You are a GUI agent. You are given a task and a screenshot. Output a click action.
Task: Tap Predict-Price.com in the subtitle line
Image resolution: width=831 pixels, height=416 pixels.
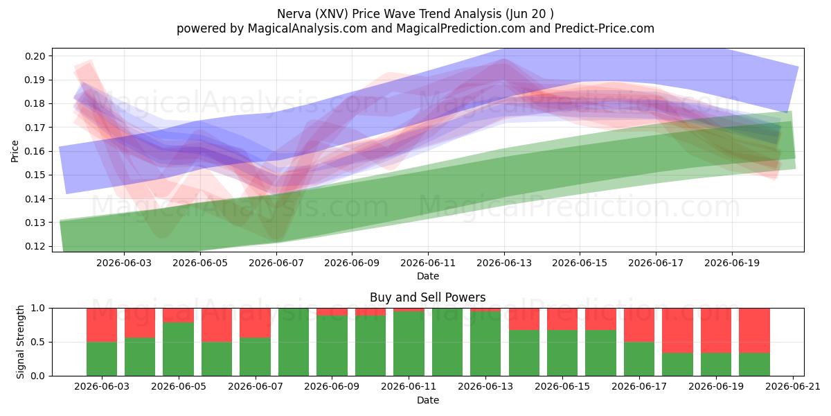tap(605, 28)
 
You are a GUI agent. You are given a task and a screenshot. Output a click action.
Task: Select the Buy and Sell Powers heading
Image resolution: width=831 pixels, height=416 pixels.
tap(428, 297)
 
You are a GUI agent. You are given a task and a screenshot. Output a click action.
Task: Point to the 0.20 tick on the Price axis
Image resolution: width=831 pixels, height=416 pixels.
tap(35, 56)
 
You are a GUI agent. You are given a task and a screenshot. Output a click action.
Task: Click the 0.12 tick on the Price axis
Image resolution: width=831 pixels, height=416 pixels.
tap(35, 246)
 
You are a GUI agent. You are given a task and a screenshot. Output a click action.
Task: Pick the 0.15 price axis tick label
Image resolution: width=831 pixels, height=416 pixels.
tap(35, 175)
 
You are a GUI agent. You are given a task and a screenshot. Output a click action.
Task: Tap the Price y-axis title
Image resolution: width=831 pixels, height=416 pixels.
tap(15, 151)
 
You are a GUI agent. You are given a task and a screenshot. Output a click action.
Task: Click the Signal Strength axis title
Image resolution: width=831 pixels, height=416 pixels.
tap(20, 342)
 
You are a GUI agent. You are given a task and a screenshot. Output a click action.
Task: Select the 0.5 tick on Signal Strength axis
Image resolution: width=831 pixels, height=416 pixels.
tap(38, 342)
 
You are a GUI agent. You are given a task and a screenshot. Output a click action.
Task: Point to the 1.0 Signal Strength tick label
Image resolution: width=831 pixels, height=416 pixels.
tap(38, 308)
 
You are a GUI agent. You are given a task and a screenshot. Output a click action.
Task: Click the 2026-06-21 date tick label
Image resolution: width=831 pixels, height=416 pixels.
tap(793, 386)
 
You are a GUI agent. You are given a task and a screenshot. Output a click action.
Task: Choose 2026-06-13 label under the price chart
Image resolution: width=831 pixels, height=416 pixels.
tap(504, 263)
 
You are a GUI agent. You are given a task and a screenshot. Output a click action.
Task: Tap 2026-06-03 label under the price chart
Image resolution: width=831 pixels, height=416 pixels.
tap(124, 263)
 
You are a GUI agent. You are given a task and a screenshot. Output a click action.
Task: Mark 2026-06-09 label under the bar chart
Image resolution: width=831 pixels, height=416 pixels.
tap(332, 386)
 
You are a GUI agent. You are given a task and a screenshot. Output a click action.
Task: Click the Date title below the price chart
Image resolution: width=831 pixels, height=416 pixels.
tap(428, 276)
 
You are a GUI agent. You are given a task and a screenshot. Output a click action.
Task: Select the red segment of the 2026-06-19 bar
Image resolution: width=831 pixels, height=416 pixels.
tap(716, 331)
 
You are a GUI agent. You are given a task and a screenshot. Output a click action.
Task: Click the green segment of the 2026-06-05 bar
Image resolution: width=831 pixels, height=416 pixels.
tap(179, 349)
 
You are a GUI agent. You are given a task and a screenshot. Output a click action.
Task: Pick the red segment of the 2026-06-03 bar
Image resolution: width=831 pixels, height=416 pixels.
tap(102, 325)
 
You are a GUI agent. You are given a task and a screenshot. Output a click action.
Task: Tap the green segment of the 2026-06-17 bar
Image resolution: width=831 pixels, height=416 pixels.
tap(639, 359)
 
